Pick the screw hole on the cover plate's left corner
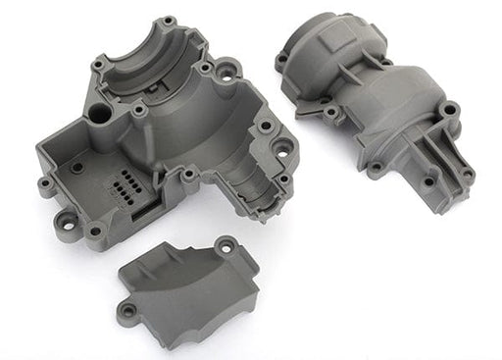(125, 313)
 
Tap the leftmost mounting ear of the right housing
(282, 61)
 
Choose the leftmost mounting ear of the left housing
(46, 184)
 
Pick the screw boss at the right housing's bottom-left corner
(376, 169)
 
